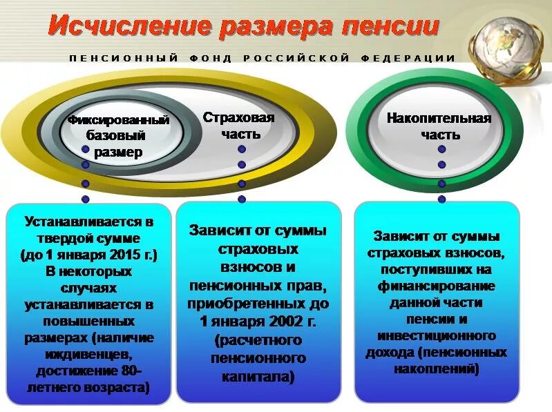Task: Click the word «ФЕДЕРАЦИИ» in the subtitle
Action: [408, 58]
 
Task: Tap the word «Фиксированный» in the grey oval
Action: [118, 120]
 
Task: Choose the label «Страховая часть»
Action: [238, 126]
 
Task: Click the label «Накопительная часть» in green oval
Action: [439, 126]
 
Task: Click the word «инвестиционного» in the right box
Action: [437, 335]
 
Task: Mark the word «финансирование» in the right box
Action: [437, 286]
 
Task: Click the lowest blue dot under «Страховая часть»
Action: [242, 199]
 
